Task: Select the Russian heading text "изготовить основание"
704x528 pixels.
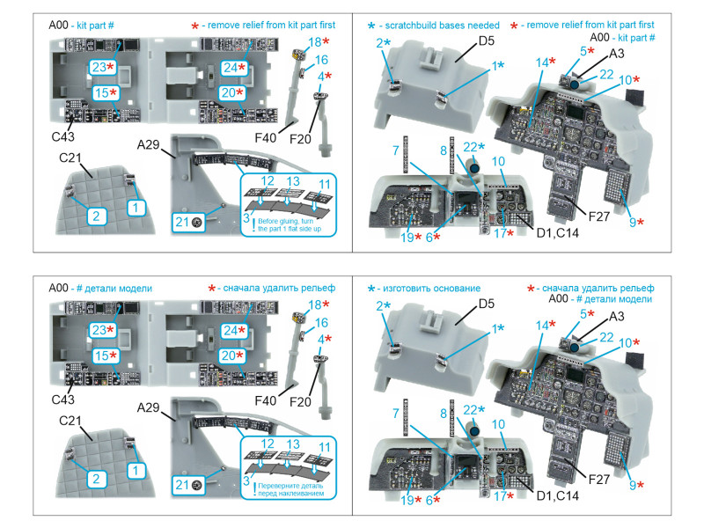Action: (436, 289)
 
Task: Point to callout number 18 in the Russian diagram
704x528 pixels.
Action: (314, 305)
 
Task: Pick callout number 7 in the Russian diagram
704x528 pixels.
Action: (396, 413)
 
